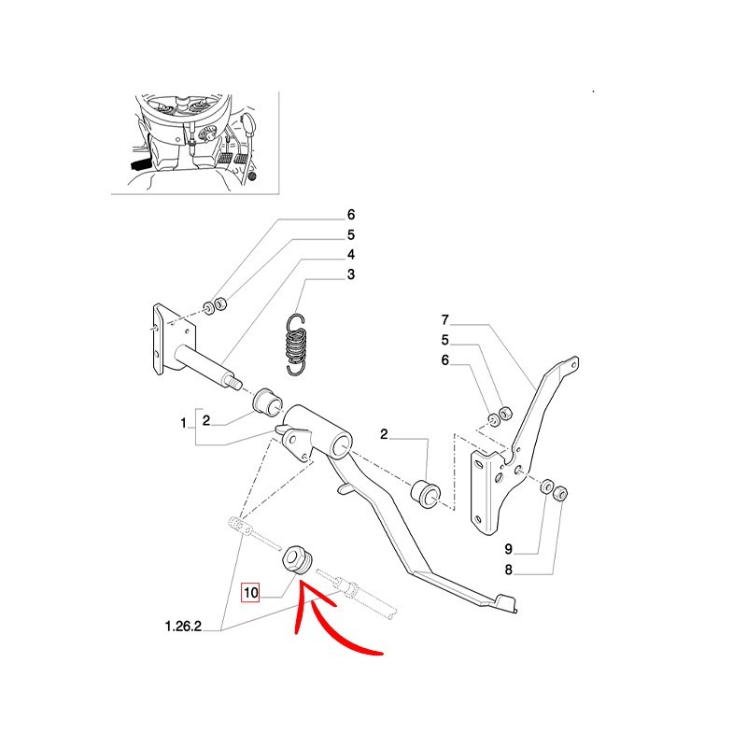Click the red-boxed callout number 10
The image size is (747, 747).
[x=250, y=593]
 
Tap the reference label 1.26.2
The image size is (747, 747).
[x=183, y=626]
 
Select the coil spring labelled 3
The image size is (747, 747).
[x=295, y=345]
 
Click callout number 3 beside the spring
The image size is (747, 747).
[x=351, y=275]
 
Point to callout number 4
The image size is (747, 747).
[x=351, y=254]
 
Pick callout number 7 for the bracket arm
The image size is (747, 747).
[x=445, y=320]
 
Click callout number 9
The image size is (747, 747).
[x=509, y=549]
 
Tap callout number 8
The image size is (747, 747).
[x=509, y=570]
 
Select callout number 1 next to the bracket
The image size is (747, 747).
[x=183, y=423]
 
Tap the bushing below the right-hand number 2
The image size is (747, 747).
[x=426, y=496]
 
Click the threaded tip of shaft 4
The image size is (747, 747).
[x=236, y=382]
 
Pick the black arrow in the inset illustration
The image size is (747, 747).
[x=140, y=165]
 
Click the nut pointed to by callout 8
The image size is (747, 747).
[x=560, y=493]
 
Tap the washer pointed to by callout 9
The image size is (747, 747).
[x=546, y=486]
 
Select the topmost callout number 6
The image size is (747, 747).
[x=351, y=215]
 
